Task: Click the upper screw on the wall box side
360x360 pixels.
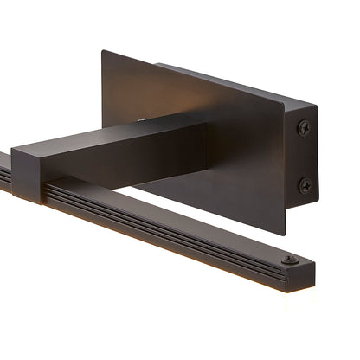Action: click(x=304, y=128)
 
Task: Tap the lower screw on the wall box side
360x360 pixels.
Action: click(x=305, y=184)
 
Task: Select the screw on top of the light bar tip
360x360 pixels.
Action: click(x=289, y=259)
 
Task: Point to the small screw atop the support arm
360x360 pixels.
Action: click(x=142, y=119)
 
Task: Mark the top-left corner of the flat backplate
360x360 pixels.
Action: click(x=102, y=51)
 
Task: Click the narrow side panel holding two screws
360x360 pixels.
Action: click(x=301, y=156)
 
